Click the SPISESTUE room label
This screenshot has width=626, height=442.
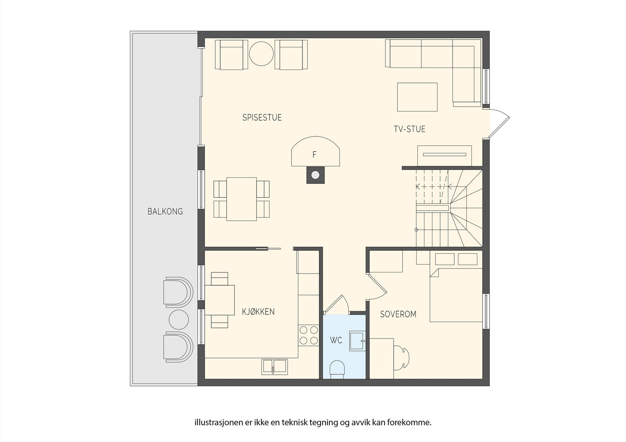[x=262, y=118]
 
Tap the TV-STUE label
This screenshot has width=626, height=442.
[x=409, y=129]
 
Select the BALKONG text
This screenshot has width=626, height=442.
[x=165, y=212]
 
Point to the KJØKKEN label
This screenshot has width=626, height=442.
[x=258, y=311]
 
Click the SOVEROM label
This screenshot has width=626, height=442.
[x=398, y=314]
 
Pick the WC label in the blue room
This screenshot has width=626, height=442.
[x=336, y=340]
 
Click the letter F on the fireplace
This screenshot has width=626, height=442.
[x=315, y=154]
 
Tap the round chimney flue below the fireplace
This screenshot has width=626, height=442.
[x=315, y=175]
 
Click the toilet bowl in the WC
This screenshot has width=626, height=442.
[x=337, y=369]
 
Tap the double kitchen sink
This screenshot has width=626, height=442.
[x=274, y=367]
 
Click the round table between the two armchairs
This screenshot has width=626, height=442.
[x=261, y=54]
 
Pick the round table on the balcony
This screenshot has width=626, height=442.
[x=179, y=319]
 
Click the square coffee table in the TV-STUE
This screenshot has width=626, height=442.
[x=417, y=97]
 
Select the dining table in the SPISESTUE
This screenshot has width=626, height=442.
[x=241, y=199]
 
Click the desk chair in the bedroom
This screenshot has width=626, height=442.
[x=402, y=358]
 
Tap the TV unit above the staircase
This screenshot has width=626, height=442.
[x=444, y=156]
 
